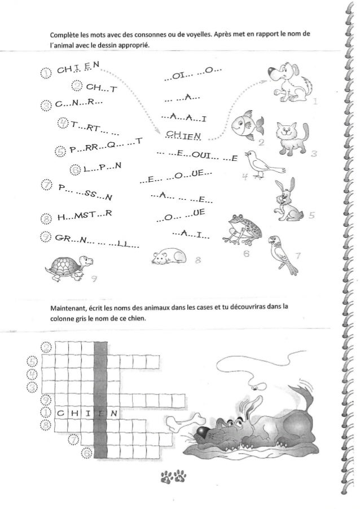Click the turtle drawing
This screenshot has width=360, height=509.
pyautogui.click(x=69, y=266)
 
